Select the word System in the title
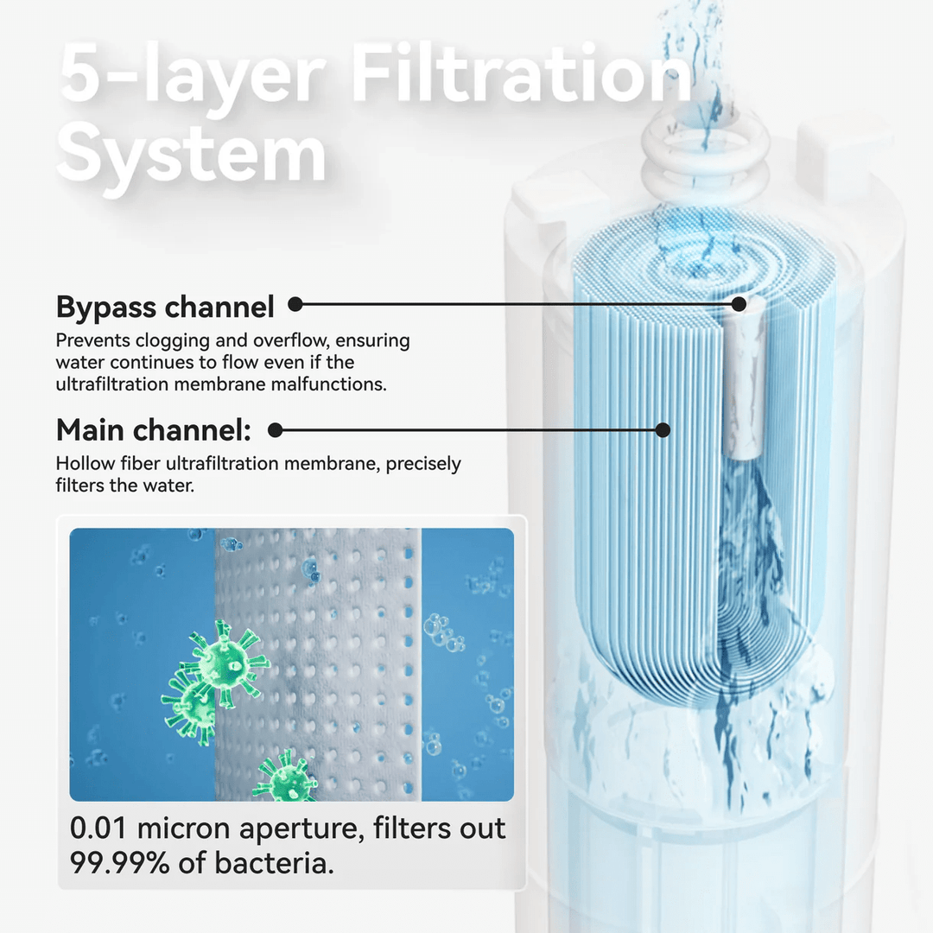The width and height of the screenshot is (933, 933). [192, 155]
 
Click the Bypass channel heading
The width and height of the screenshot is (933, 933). [165, 307]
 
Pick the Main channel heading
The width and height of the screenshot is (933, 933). [154, 429]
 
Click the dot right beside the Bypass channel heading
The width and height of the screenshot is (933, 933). [295, 304]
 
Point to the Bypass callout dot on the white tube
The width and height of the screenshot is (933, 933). [739, 304]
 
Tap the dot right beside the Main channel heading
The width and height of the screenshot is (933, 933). [276, 429]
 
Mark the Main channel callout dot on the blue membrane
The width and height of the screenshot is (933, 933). [663, 429]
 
